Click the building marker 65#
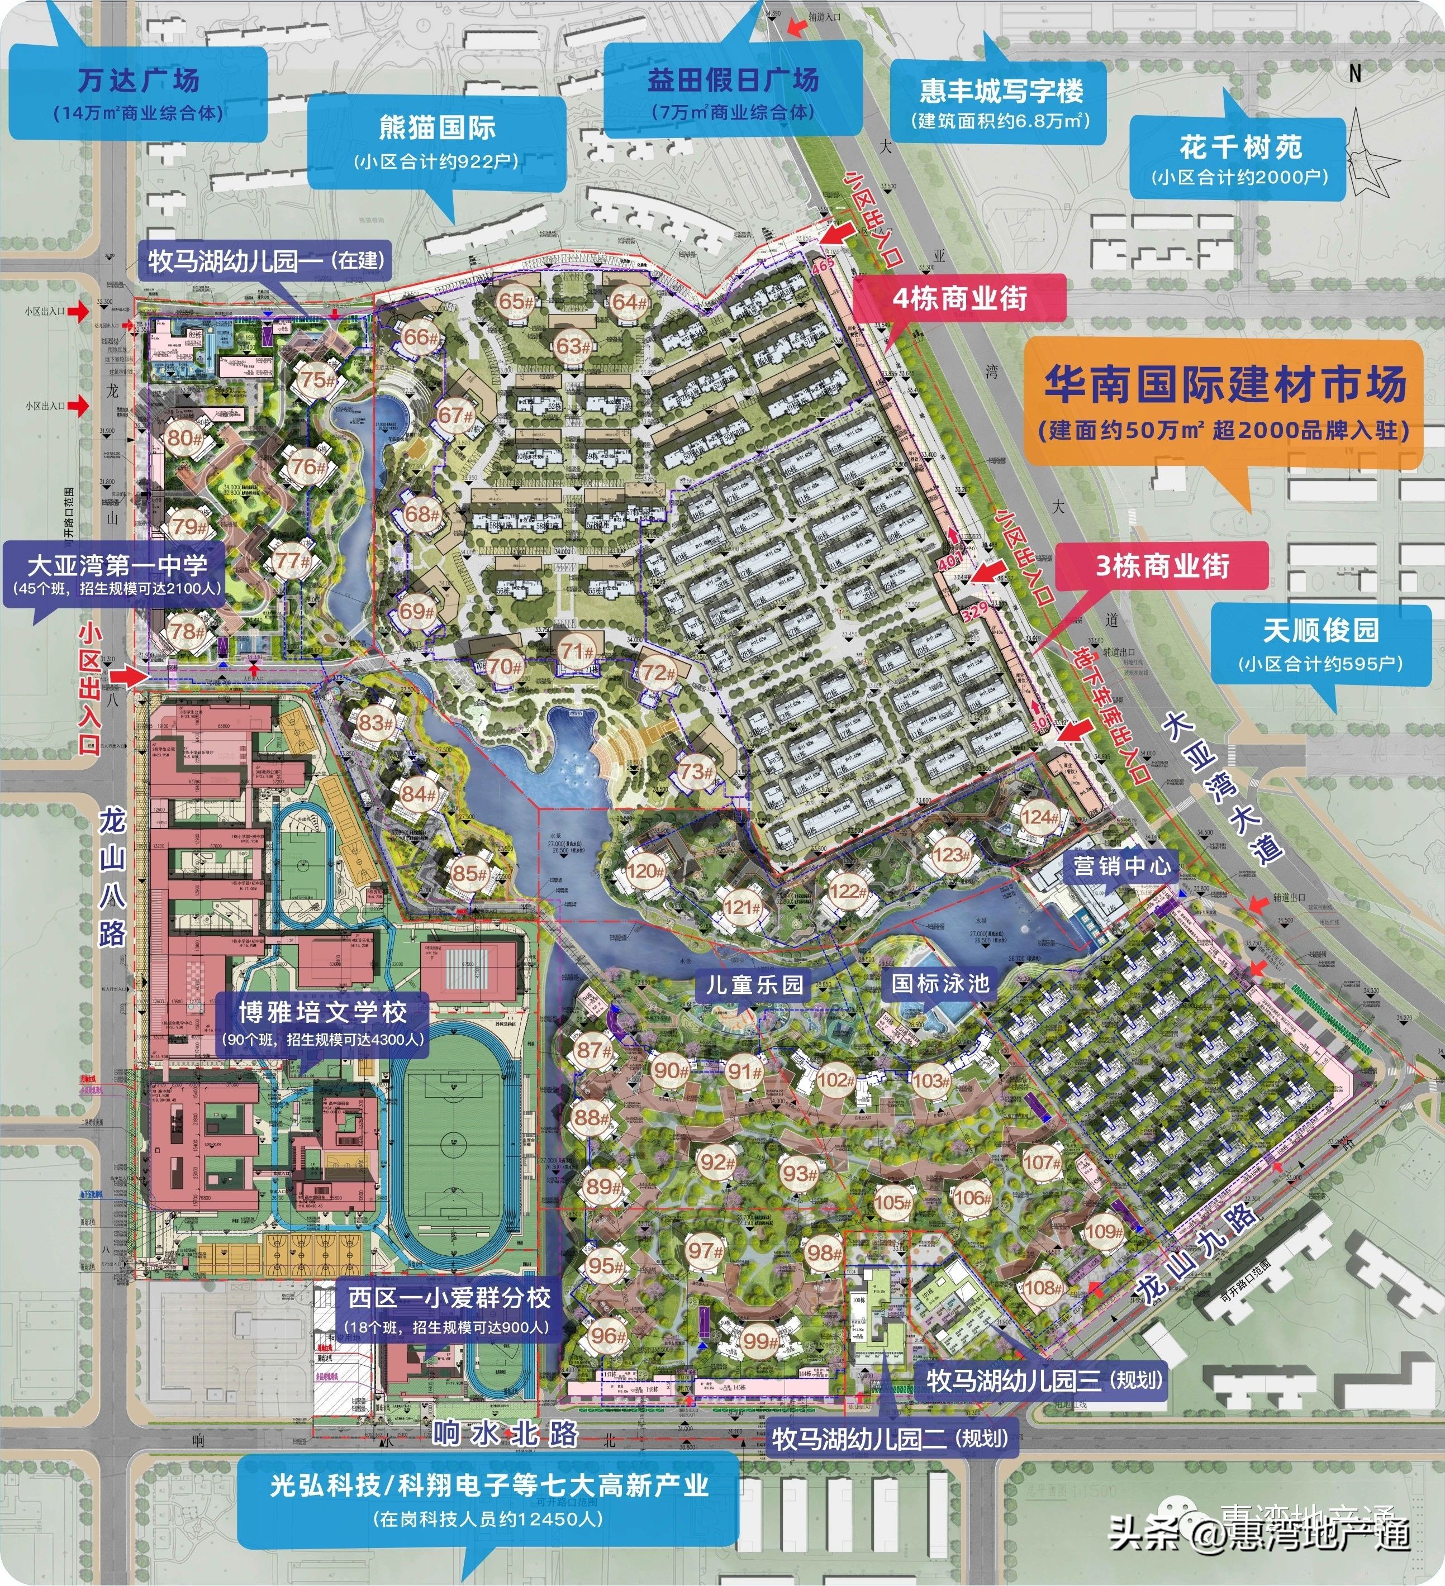coord(516,301)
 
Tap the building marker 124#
coord(1040,817)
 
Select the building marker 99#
coord(761,1341)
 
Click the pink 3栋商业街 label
coord(1162,566)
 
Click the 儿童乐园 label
coord(754,984)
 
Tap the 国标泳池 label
coord(940,983)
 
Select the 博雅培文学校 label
coord(322,1012)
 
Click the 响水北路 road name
coord(505,1434)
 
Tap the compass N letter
coord(1354,73)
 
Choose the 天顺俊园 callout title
coord(1320,630)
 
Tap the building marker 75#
coord(318,379)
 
